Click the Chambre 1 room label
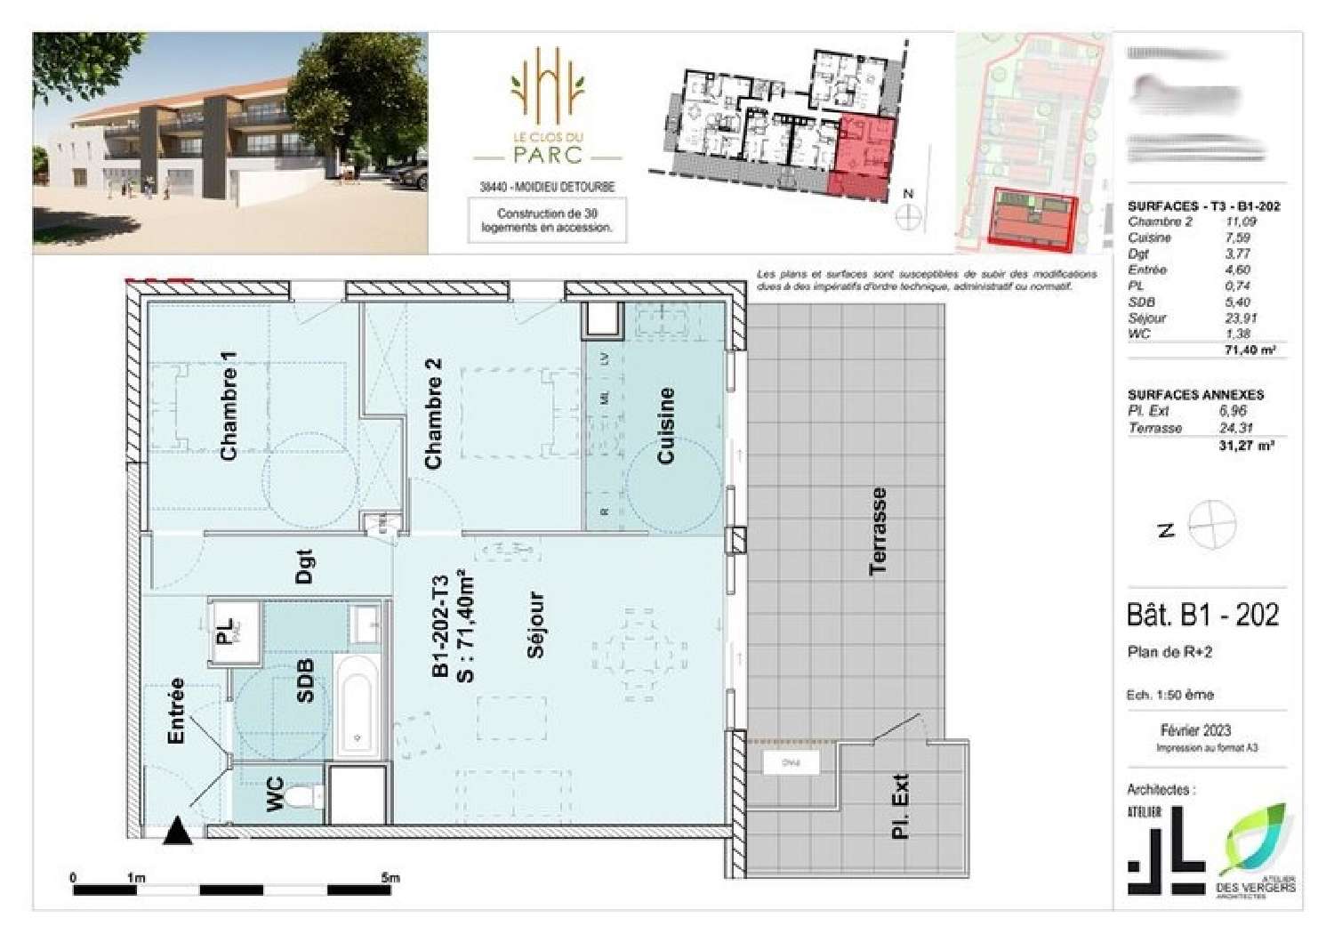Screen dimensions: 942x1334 [x=229, y=406]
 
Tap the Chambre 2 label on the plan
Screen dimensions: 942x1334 [x=433, y=414]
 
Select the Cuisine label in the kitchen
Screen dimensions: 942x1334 [x=665, y=425]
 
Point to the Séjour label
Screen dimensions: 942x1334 [x=535, y=625]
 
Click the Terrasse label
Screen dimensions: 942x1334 [x=878, y=531]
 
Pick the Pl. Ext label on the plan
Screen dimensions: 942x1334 [x=900, y=806]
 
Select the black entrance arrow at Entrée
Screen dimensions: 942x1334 [x=178, y=832]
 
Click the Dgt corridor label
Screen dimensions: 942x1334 [x=304, y=567]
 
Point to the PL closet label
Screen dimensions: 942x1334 [x=225, y=632]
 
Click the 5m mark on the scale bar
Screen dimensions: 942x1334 [x=390, y=878]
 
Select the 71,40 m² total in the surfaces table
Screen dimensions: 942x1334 [x=1250, y=350]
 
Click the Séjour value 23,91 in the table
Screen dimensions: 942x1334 [x=1237, y=318]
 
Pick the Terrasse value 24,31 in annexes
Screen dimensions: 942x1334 [x=1236, y=428]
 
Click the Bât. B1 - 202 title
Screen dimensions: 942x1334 [x=1202, y=615]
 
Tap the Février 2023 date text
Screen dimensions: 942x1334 [x=1195, y=730]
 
